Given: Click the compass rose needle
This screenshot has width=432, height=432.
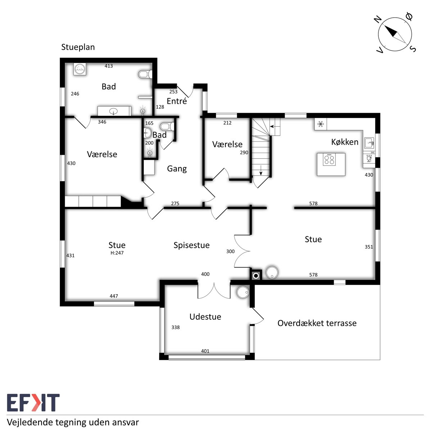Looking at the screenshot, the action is click(x=395, y=34).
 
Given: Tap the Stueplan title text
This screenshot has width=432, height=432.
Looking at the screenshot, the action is click(x=78, y=47).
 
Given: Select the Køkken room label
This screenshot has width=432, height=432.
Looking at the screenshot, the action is click(x=345, y=142).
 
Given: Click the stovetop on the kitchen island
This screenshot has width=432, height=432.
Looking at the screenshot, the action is click(x=329, y=160).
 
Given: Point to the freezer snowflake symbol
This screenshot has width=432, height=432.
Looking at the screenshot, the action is click(x=321, y=124).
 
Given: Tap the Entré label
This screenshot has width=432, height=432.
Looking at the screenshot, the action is click(x=177, y=101).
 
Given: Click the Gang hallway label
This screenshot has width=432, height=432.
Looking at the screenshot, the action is click(x=177, y=169).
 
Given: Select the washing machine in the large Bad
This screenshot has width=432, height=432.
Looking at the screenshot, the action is click(x=80, y=69).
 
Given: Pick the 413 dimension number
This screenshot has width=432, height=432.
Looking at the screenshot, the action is click(x=109, y=66).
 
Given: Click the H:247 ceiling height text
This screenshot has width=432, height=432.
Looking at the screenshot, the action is click(x=117, y=253).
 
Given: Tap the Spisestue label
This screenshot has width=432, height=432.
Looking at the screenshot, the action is click(x=192, y=246).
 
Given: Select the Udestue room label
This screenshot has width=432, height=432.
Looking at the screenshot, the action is click(x=205, y=317).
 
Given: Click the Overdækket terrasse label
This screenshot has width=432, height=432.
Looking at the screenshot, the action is click(x=317, y=323).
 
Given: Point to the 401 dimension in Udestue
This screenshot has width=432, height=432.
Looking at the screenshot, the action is click(x=205, y=351).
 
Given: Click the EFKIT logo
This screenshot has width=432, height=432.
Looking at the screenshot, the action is click(x=33, y=402).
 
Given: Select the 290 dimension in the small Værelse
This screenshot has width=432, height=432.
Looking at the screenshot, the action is click(x=244, y=153).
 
